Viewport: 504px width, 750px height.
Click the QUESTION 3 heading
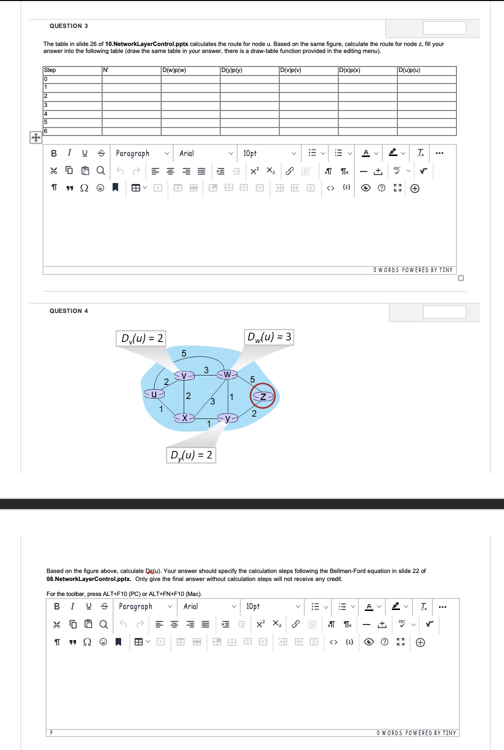69,26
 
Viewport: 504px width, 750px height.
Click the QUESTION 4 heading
69,311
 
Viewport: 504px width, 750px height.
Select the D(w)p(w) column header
174,70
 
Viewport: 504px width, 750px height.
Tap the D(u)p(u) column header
409,70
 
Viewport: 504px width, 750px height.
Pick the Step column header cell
50,70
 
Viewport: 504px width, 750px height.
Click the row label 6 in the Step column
46,131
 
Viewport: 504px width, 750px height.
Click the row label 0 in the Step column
46,79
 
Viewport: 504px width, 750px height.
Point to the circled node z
263,396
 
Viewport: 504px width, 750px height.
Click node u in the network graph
154,394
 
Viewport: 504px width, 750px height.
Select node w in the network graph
227,374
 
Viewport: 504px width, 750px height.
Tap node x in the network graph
184,417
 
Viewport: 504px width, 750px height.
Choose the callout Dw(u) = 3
269,337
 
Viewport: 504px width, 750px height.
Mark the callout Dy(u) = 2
191,455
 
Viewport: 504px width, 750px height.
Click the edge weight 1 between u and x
161,409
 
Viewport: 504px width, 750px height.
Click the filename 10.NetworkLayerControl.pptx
147,44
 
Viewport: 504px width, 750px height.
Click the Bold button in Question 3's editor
54,153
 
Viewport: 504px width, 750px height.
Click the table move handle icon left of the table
36,137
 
